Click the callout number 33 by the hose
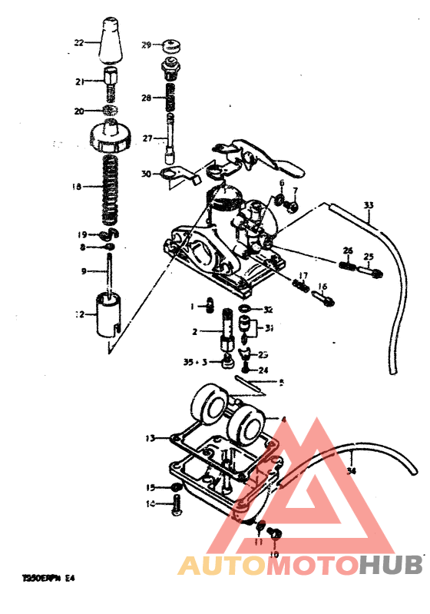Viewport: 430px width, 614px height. [369, 205]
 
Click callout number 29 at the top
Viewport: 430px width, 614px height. [146, 45]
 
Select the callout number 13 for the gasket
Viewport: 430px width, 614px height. [151, 438]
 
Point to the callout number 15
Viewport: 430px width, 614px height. [151, 487]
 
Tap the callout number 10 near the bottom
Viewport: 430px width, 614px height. [273, 553]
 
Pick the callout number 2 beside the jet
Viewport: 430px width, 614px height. [195, 331]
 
